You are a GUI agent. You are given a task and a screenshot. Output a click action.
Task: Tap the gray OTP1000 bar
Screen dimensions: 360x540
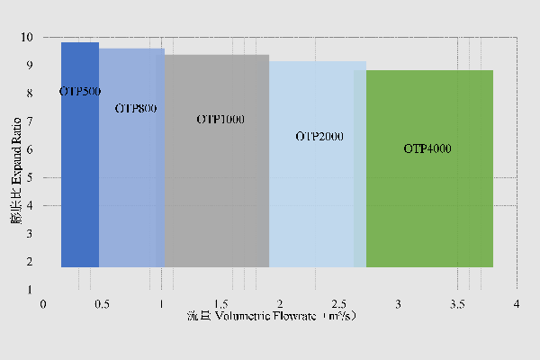217,198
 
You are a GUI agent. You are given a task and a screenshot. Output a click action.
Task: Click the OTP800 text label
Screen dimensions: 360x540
137,108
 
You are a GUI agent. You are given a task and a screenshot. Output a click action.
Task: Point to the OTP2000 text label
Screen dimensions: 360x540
319,137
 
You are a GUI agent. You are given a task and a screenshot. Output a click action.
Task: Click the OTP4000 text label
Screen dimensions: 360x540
427,148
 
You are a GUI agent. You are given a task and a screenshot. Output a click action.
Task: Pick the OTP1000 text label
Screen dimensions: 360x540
220,120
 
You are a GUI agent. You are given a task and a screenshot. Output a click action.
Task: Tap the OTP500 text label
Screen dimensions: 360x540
80,92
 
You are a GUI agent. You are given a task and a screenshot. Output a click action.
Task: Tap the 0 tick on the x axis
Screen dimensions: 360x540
43,304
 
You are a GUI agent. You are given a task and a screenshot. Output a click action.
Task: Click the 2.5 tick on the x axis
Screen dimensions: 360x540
339,304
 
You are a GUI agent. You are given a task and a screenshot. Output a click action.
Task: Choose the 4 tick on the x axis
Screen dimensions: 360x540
517,304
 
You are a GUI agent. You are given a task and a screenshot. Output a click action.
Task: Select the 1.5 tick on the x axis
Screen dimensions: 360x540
221,304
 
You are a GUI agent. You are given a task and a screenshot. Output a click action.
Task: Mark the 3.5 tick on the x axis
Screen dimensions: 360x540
457,304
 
